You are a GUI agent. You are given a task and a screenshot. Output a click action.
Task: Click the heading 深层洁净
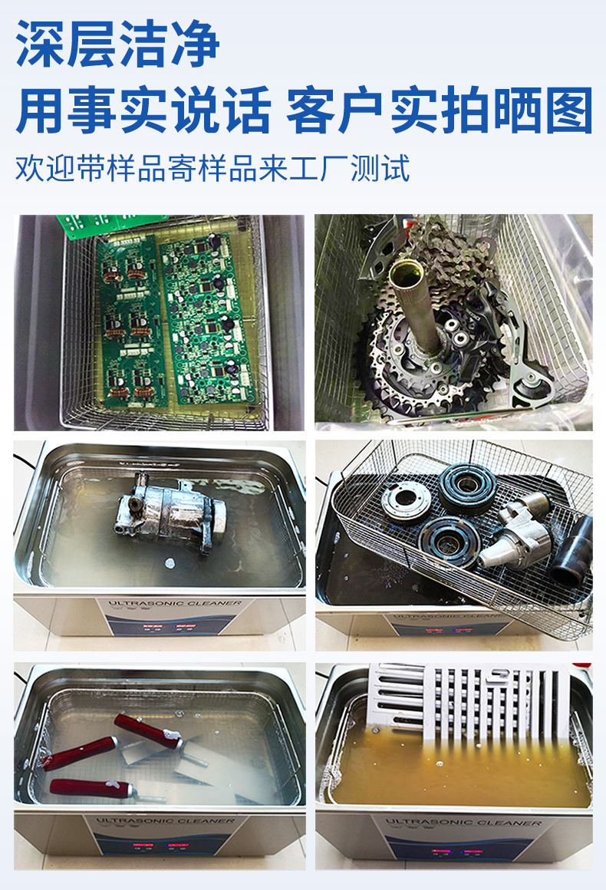click(x=118, y=44)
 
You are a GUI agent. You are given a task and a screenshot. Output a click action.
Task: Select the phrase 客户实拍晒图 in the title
click(x=440, y=110)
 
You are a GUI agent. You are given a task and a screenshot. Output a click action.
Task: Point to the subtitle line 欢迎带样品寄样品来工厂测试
click(x=212, y=168)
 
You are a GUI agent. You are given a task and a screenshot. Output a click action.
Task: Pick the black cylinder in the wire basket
click(x=575, y=549)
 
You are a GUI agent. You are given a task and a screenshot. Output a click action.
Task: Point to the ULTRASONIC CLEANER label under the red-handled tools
click(x=164, y=821)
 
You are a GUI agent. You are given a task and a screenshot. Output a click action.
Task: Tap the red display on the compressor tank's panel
click(x=166, y=626)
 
